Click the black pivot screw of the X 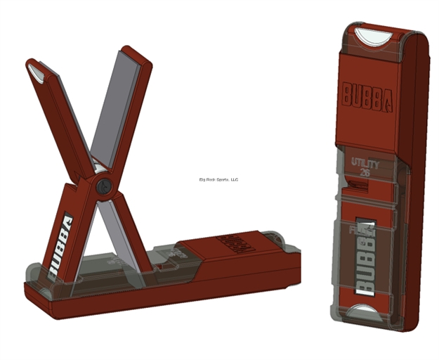click(x=105, y=187)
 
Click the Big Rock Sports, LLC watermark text click(x=219, y=179)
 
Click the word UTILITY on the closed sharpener click(x=365, y=164)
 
